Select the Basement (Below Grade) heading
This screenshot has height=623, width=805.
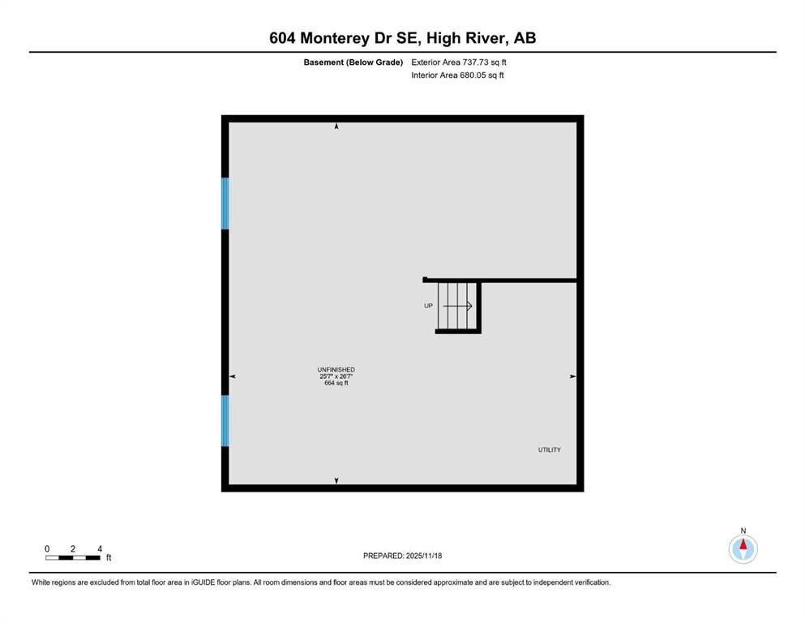(x=353, y=62)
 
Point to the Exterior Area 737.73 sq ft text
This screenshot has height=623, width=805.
(x=459, y=62)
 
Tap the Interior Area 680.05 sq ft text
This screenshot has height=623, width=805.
(x=457, y=75)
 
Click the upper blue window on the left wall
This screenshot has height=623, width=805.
(x=225, y=204)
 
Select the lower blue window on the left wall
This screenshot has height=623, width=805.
(x=225, y=421)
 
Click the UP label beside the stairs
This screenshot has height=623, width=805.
(x=428, y=306)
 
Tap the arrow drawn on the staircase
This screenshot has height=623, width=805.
(x=457, y=306)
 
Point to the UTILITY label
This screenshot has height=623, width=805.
(x=550, y=450)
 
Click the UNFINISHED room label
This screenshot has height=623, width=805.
(x=336, y=370)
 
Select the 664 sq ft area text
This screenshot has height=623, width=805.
(x=336, y=383)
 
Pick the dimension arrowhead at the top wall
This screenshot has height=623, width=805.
(x=336, y=126)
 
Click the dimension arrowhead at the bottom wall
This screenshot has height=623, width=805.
(x=336, y=481)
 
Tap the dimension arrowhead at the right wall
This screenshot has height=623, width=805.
(x=573, y=376)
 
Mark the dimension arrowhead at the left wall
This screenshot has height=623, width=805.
(x=233, y=376)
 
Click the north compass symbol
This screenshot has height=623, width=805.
(x=743, y=548)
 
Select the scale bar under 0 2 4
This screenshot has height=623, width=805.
(x=73, y=558)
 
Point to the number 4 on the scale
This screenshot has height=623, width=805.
(x=100, y=549)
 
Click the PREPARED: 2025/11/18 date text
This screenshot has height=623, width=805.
(x=402, y=556)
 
